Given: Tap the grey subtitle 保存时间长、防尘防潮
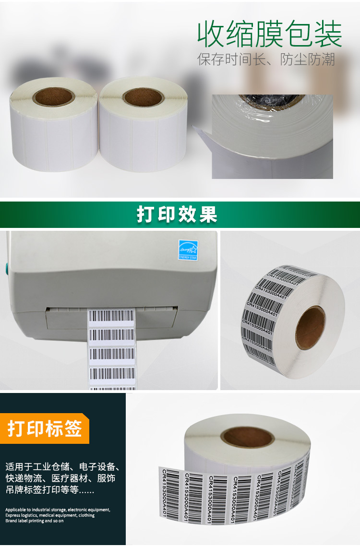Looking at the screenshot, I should coord(266,59).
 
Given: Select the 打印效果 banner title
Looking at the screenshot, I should coord(177,214).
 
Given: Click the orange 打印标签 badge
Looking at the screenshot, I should coord(45,428).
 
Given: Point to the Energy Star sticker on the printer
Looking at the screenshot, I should coord(188,250).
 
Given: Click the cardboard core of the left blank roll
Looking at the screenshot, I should coord(54,97).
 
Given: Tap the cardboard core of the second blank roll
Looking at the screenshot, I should coord(143,97).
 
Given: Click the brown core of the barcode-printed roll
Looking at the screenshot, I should coord(310,328).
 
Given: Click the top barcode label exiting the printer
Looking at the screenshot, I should coord(111,316).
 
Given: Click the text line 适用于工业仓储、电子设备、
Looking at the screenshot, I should coord(62,466).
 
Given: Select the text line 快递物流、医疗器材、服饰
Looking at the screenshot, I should coord(60,478).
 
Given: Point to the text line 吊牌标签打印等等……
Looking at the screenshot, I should coord(50,490).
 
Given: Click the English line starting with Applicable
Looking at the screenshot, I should coord(58,510).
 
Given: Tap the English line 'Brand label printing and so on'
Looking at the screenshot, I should coord(35,521).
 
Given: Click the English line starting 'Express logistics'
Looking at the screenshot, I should coord(50,515).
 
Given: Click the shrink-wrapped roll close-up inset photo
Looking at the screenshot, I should coord(272,136).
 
